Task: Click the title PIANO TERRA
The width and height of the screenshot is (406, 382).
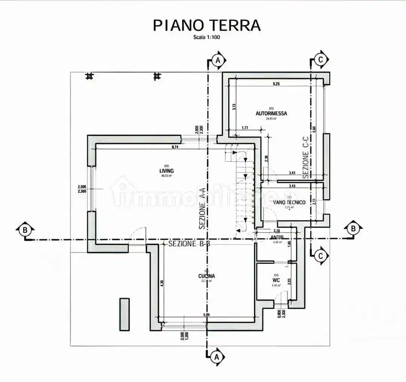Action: [206, 26]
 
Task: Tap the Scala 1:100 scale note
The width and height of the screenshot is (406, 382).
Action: [206, 37]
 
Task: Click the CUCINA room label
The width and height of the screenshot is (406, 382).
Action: [206, 276]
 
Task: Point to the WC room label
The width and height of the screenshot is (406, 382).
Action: [276, 280]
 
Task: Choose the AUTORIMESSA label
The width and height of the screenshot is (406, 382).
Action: [271, 113]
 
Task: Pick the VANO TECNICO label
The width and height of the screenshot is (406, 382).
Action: [289, 202]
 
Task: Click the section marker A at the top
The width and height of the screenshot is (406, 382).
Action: [218, 60]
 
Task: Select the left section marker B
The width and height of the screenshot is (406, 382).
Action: [25, 230]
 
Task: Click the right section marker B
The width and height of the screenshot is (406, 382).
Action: [353, 228]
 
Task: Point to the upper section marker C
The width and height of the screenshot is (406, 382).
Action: [320, 59]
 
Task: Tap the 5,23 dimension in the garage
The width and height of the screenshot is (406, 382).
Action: [276, 84]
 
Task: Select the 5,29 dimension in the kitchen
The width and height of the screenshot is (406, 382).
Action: [206, 314]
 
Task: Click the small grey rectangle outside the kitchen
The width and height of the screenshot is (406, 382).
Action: [124, 314]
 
